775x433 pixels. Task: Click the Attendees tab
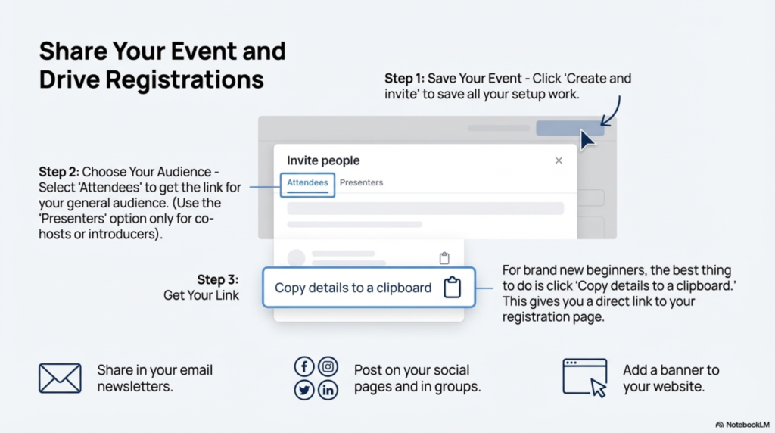point(307,182)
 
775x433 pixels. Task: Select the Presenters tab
point(361,182)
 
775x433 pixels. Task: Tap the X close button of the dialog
point(559,160)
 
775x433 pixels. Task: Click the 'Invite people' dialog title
point(323,160)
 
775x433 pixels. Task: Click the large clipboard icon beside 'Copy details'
point(452,288)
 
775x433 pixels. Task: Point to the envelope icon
point(60,378)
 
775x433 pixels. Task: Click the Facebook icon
point(303,367)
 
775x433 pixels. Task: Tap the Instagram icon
point(328,367)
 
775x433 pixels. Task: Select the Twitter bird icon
point(303,390)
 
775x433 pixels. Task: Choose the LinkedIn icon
point(328,390)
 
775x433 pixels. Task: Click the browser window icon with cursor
point(585,377)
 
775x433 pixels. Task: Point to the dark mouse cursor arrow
point(587,140)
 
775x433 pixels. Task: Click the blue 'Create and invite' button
point(569,128)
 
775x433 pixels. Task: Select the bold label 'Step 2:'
point(59,172)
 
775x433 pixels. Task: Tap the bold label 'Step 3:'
point(218,279)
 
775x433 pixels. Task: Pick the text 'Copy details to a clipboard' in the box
point(353,288)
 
